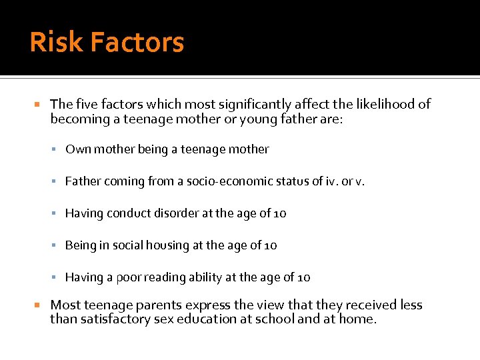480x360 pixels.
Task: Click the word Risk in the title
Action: (x=56, y=43)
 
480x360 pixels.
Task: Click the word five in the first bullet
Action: (x=86, y=104)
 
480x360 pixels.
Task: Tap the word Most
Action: (x=65, y=305)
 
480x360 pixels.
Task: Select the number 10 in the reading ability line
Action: (x=303, y=277)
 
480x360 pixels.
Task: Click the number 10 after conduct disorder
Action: (x=279, y=213)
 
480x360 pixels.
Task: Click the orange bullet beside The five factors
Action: (x=37, y=105)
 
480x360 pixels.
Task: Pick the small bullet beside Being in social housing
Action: (x=58, y=245)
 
